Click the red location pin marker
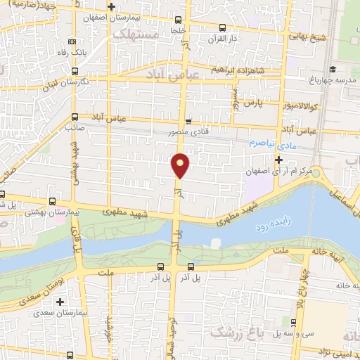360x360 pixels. coord(180,165)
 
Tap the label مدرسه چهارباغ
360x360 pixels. coord(335,79)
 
